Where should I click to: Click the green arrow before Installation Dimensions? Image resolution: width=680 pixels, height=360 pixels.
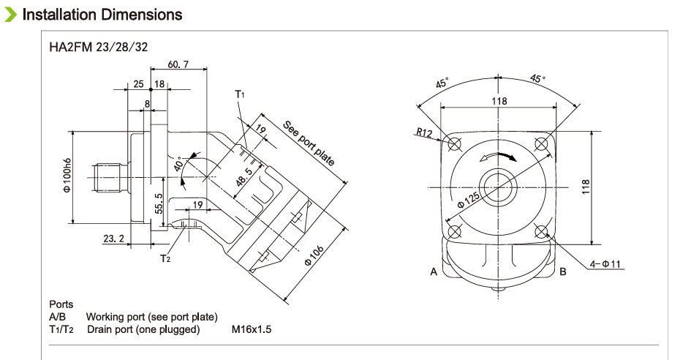coord(10,15)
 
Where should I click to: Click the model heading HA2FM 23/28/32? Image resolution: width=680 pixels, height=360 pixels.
coord(98,48)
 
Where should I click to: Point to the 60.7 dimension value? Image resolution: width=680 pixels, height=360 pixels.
coord(178,64)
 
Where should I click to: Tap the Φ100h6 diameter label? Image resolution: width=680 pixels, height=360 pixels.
coord(67,176)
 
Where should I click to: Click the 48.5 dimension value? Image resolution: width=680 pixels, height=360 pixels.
coord(244,177)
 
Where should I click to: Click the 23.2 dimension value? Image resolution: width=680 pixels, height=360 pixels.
coord(113,239)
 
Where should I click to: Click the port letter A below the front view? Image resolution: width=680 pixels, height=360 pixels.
coord(434,272)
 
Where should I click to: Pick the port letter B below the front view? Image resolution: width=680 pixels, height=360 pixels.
coord(563,272)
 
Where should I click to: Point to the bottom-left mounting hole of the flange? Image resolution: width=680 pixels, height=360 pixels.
coord(455,232)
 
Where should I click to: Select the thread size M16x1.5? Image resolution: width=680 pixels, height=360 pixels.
coord(252,329)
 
